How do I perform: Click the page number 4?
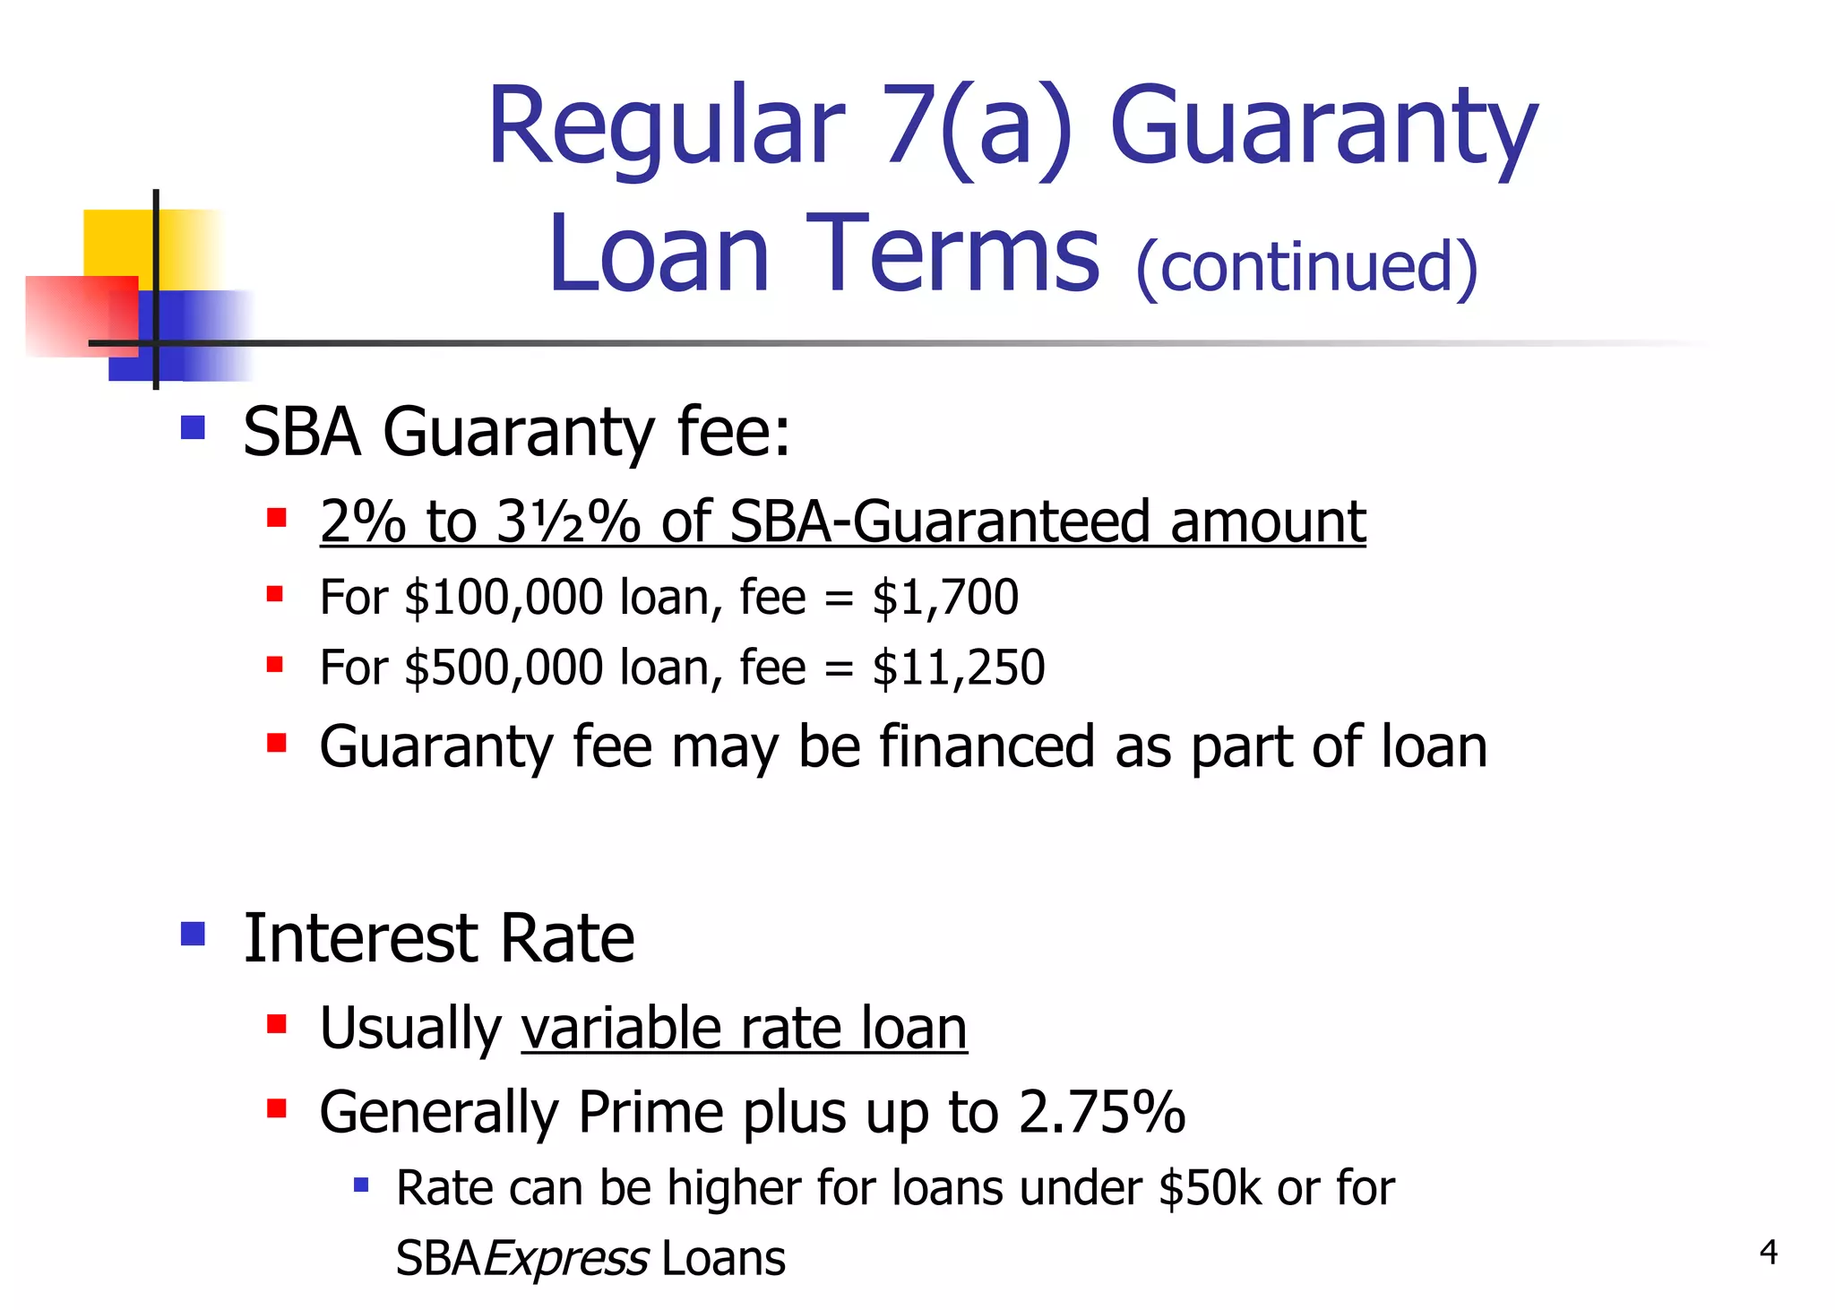pyautogui.click(x=1768, y=1252)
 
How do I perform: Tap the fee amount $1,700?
pyautogui.click(x=945, y=598)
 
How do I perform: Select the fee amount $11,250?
pyautogui.click(x=959, y=668)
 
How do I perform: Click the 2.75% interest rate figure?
pyautogui.click(x=1102, y=1113)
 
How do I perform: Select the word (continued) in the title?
pyautogui.click(x=1306, y=267)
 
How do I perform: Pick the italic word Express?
pyautogui.click(x=566, y=1258)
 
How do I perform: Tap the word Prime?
pyautogui.click(x=650, y=1113)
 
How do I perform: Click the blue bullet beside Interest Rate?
pyautogui.click(x=193, y=935)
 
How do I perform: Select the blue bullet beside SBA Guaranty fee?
pyautogui.click(x=193, y=427)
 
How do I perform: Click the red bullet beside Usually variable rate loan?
pyautogui.click(x=276, y=1024)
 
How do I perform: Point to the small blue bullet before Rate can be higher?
pyautogui.click(x=361, y=1185)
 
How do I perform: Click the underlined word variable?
pyautogui.click(x=621, y=1028)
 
